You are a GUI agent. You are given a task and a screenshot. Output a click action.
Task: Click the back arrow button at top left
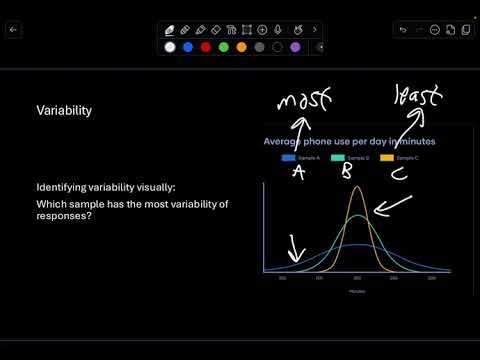click(x=14, y=30)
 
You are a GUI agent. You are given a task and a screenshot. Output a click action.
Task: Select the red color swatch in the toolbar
click(x=205, y=47)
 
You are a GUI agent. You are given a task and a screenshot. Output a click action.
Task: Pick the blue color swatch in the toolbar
click(x=188, y=47)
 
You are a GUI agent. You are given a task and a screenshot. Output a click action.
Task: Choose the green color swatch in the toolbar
click(x=224, y=47)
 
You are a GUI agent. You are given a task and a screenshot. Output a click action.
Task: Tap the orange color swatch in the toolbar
click(x=241, y=47)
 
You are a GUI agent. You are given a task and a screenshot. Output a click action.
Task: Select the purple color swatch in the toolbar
click(x=295, y=47)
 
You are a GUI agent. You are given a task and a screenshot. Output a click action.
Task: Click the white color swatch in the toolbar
click(x=170, y=47)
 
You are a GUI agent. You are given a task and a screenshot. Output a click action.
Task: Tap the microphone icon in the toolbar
click(x=279, y=30)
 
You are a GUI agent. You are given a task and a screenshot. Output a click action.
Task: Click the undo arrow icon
click(x=403, y=30)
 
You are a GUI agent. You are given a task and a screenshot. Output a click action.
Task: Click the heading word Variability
click(x=64, y=111)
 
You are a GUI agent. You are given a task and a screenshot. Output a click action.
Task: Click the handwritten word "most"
click(x=304, y=101)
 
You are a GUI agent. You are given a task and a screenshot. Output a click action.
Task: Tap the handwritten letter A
click(x=298, y=172)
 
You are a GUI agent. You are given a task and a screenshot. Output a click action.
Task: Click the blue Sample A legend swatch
click(x=288, y=158)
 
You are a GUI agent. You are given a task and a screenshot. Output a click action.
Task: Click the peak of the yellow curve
click(x=357, y=187)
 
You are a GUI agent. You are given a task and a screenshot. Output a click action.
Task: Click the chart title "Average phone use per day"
click(x=320, y=142)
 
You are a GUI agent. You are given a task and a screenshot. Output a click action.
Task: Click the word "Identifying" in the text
click(x=60, y=188)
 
